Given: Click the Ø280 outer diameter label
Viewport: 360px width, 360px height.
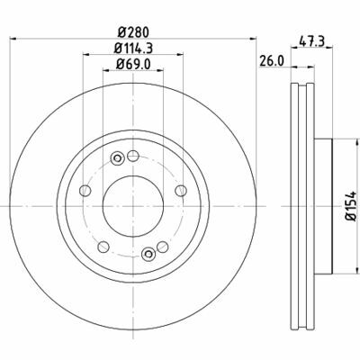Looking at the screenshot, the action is (133, 32).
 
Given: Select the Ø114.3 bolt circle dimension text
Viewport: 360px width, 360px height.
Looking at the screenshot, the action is (133, 48).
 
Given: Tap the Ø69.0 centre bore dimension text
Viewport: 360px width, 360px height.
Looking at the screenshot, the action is (133, 64).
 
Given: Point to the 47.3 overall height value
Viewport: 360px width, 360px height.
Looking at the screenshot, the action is (312, 41).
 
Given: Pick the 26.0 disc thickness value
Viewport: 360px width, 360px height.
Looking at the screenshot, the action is (271, 61).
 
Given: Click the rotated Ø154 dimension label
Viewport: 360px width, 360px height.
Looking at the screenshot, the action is (351, 206).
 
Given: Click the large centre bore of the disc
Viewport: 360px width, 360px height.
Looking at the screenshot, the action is (133, 206).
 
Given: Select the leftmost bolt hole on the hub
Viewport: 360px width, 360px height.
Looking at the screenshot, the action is (85, 191).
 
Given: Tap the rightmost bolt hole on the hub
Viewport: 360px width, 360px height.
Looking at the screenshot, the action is (181, 191).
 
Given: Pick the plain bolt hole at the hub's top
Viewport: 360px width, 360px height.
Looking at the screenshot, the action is (133, 156).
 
